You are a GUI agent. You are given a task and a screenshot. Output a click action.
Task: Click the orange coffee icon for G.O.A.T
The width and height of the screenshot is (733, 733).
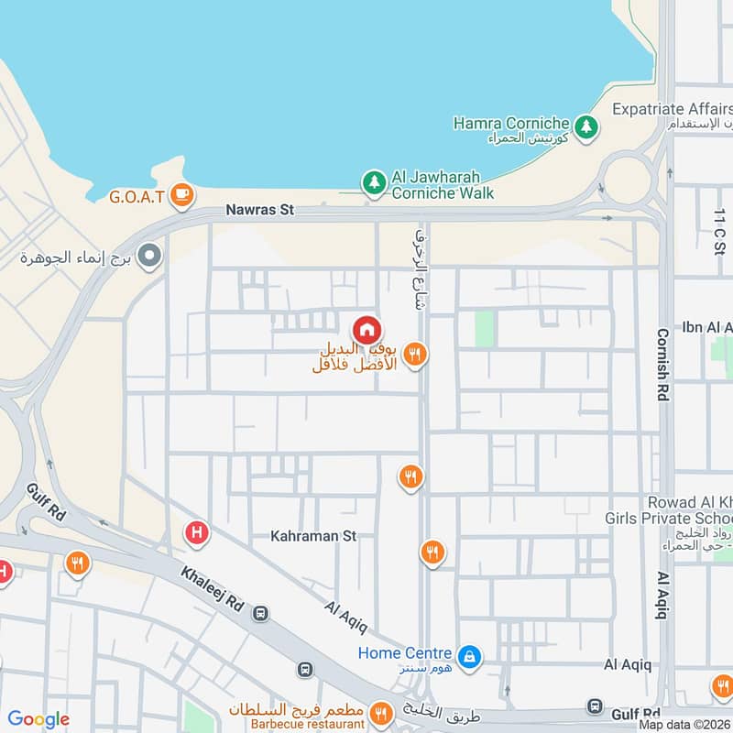tap(182, 194)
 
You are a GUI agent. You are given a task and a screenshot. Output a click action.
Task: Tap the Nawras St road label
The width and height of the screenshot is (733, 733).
tap(260, 210)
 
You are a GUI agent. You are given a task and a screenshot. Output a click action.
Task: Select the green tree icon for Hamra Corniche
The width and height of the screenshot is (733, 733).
tap(586, 124)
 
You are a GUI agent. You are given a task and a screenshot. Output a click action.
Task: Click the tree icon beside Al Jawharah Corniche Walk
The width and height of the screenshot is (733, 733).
tap(373, 182)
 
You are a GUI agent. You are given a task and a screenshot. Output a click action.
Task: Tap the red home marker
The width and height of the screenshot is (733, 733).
tap(366, 329)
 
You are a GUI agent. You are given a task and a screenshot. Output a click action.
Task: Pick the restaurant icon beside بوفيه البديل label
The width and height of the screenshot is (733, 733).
tap(415, 354)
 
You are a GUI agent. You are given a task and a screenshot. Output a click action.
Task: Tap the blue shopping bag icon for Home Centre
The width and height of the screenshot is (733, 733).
tap(469, 656)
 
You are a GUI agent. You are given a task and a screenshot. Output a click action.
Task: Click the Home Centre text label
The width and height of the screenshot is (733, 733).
tap(404, 653)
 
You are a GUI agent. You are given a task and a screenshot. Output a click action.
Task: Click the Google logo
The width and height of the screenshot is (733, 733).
tap(38, 719)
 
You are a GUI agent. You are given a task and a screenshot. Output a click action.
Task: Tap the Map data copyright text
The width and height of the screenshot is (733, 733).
tap(684, 725)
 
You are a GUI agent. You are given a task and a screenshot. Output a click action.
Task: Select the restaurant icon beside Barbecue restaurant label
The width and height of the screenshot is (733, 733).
tap(380, 711)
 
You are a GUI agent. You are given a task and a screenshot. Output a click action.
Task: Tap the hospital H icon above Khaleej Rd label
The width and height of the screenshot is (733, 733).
tap(195, 532)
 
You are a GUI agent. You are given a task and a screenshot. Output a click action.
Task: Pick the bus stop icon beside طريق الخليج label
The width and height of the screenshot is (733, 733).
tap(596, 706)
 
